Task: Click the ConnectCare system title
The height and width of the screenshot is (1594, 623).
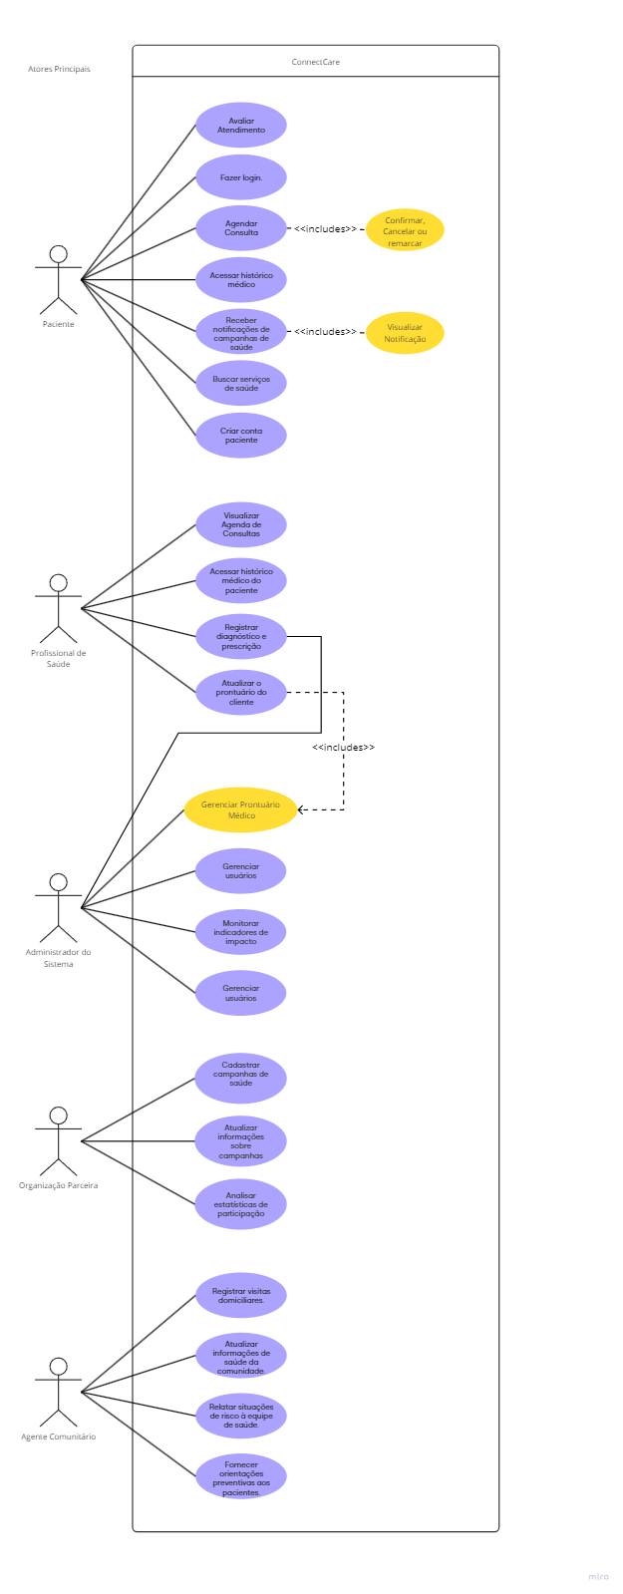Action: tap(315, 62)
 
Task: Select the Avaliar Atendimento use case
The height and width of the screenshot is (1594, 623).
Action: tap(241, 126)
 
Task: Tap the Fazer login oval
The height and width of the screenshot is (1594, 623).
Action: tap(241, 177)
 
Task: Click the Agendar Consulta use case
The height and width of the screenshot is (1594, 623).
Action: tap(241, 228)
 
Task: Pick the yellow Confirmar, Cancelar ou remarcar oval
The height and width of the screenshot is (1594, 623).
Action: tap(405, 230)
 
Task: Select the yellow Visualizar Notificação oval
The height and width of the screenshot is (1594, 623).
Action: tap(405, 333)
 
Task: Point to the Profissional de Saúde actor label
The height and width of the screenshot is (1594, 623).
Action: tap(59, 658)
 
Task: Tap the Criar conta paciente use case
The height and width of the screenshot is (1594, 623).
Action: tap(241, 436)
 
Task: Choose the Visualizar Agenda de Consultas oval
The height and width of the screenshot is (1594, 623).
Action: tap(241, 525)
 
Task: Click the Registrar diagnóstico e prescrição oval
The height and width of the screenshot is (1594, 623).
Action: tap(241, 637)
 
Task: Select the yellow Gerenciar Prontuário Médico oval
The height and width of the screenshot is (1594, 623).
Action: tap(241, 810)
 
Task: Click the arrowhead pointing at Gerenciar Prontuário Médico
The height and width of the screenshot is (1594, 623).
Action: tap(302, 809)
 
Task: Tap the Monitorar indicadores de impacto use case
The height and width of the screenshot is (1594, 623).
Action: tap(241, 932)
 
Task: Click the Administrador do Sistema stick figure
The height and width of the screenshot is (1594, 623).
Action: tap(59, 907)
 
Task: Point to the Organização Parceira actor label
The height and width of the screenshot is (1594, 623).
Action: tap(59, 1185)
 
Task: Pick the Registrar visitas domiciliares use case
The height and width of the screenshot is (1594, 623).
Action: tap(241, 1296)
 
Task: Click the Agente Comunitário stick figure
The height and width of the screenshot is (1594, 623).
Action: tap(59, 1391)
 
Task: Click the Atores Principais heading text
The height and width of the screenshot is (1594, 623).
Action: tap(59, 69)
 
